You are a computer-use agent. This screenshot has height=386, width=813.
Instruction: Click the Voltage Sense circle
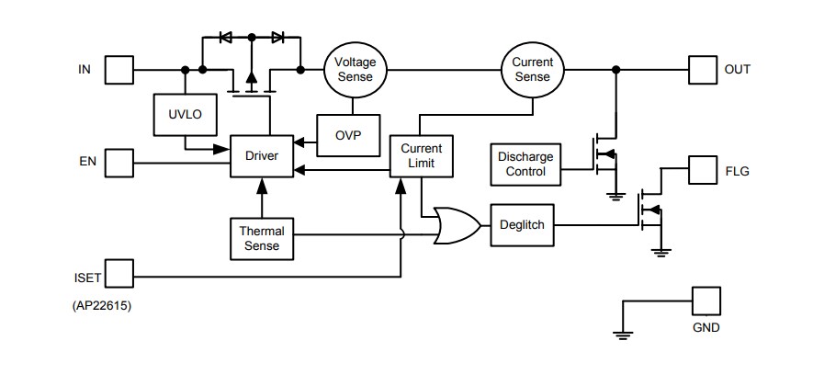[355, 70]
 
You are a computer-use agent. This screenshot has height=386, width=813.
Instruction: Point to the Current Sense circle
[533, 70]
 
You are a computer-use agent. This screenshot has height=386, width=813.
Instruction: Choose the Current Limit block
[422, 155]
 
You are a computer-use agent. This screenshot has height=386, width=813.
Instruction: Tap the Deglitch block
[524, 224]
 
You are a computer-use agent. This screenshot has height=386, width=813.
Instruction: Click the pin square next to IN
[119, 70]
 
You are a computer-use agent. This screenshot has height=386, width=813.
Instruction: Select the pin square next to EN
[119, 164]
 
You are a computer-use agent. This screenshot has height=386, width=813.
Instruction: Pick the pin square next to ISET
[119, 273]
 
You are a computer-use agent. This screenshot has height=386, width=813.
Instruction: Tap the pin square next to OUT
[702, 70]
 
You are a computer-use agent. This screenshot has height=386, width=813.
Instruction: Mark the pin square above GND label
[706, 301]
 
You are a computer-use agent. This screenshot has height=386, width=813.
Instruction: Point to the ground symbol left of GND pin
[624, 333]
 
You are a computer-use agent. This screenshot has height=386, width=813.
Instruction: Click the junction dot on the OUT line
[615, 70]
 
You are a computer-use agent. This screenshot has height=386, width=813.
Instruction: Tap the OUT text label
[738, 70]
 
